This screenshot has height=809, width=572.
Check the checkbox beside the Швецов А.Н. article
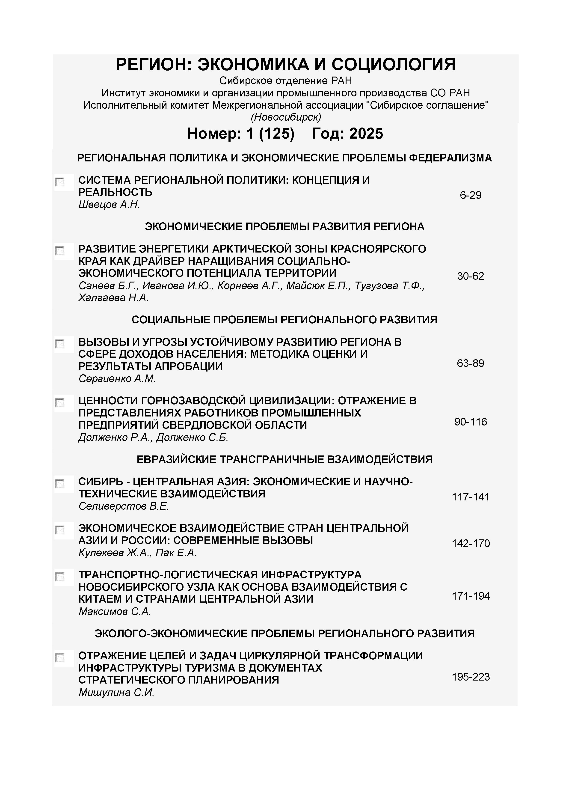(59, 182)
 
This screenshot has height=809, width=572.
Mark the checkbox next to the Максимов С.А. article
(59, 577)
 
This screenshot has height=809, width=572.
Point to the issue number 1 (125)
(270, 134)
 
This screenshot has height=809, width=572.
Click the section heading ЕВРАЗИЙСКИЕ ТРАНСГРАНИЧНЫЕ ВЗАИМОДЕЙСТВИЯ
(284, 459)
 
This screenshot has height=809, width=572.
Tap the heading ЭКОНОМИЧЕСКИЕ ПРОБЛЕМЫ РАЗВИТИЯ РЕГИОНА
(284, 226)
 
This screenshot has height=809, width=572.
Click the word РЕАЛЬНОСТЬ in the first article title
(115, 192)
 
